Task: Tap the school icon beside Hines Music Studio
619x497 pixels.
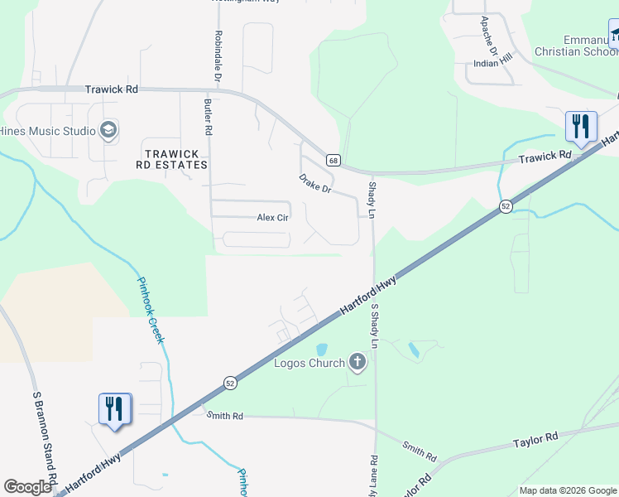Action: coord(108,130)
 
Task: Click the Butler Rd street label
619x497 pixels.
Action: coord(209,117)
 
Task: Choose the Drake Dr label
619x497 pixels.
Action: coord(314,183)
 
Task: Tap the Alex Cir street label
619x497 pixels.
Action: coord(272,218)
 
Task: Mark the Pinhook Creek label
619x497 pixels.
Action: coord(151,310)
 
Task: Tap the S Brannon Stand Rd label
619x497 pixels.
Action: coord(43,439)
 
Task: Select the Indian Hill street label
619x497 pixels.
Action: coord(493,63)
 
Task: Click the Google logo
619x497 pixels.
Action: coord(27,487)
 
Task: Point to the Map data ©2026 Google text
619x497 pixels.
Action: coord(567,490)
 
